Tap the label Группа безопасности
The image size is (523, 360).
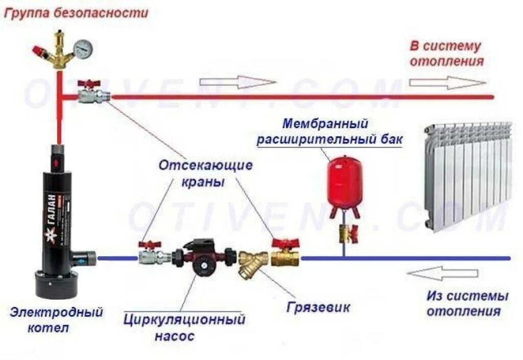point(76,13)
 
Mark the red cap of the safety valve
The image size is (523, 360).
point(38,51)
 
